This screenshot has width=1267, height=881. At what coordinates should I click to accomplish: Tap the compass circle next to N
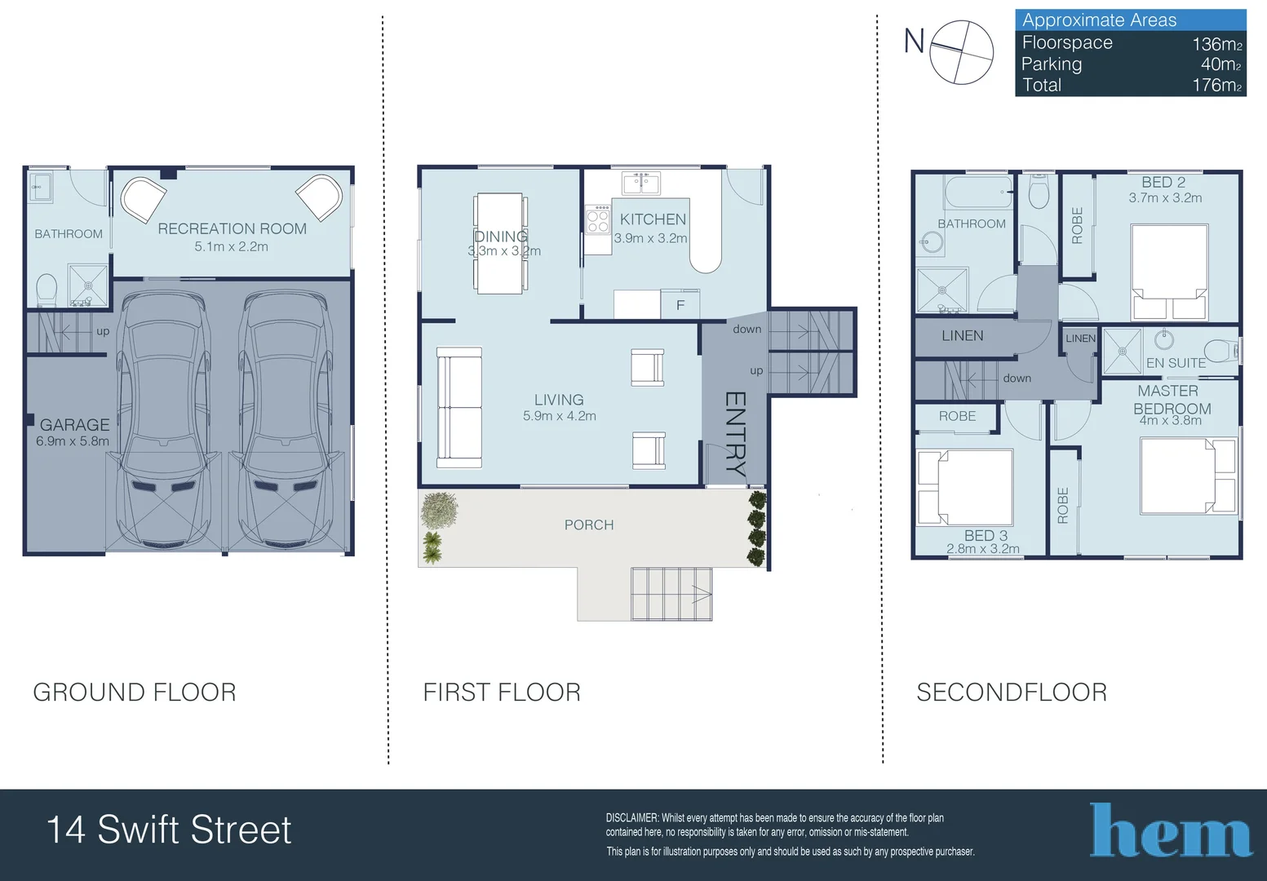pyautogui.click(x=962, y=52)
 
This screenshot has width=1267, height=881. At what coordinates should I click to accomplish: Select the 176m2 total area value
pyautogui.click(x=1216, y=85)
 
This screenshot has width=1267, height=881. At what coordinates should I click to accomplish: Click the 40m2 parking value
pyautogui.click(x=1220, y=64)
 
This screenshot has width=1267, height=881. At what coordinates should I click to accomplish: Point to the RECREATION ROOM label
pyautogui.click(x=232, y=228)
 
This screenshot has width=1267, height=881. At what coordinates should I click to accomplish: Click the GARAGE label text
pyautogui.click(x=75, y=425)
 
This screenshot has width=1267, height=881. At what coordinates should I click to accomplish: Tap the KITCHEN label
pyautogui.click(x=653, y=219)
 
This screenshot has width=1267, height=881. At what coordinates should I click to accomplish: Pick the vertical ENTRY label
pyautogui.click(x=735, y=434)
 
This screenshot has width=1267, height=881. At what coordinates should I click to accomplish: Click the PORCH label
pyautogui.click(x=589, y=525)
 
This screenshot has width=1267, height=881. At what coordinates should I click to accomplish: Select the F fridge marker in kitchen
pyautogui.click(x=680, y=305)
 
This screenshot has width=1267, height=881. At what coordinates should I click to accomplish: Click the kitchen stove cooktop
pyautogui.click(x=598, y=220)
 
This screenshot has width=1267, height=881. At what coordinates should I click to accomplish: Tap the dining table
pyautogui.click(x=500, y=244)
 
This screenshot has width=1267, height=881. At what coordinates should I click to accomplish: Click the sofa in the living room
pyautogui.click(x=459, y=408)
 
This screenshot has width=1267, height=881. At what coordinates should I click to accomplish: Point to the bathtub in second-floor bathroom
pyautogui.click(x=978, y=192)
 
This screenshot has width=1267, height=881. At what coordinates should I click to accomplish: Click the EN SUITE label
pyautogui.click(x=1176, y=363)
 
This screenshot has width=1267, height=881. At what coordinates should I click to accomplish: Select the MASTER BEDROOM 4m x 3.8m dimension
pyautogui.click(x=1170, y=420)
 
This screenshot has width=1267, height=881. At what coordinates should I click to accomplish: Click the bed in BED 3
pyautogui.click(x=965, y=487)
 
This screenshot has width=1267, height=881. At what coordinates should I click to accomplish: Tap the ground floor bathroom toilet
pyautogui.click(x=47, y=289)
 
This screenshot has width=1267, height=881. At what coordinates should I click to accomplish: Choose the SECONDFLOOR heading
pyautogui.click(x=1012, y=692)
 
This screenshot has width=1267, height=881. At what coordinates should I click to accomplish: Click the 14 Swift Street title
pyautogui.click(x=169, y=830)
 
